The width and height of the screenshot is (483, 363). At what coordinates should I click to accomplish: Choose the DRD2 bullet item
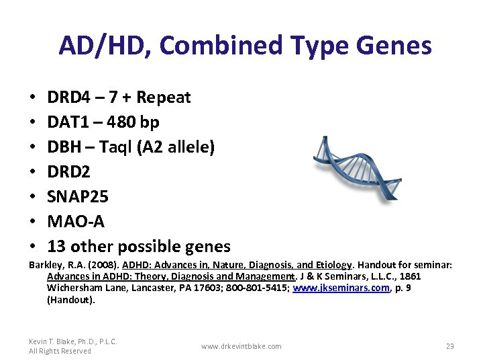pyautogui.click(x=68, y=172)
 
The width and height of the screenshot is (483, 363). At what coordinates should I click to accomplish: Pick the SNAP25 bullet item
pyautogui.click(x=78, y=197)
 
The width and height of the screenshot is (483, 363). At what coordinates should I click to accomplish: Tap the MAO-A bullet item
pyautogui.click(x=76, y=222)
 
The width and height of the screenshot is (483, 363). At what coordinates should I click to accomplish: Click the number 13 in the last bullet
pyautogui.click(x=56, y=247)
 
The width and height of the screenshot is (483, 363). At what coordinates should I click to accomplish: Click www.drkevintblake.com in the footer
pyautogui.click(x=241, y=346)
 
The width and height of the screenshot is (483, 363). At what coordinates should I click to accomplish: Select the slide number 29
pyautogui.click(x=449, y=346)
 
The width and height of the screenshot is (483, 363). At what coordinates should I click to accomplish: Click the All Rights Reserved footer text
pyautogui.click(x=60, y=351)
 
